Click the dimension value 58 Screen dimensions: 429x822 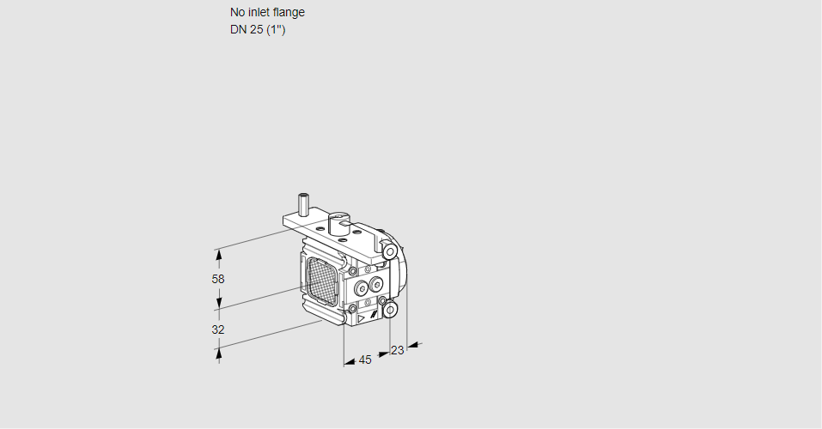click(218, 279)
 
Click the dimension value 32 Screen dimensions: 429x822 click(218, 329)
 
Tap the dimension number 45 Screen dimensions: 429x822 click(365, 360)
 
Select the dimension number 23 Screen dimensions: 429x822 click(397, 350)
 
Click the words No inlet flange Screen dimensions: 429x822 click(267, 12)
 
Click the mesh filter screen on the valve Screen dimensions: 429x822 click(320, 281)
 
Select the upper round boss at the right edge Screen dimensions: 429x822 click(391, 251)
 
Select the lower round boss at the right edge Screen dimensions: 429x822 click(391, 309)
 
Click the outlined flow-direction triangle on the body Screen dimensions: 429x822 click(362, 317)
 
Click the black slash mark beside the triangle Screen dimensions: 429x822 click(375, 315)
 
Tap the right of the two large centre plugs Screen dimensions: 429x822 click(375, 284)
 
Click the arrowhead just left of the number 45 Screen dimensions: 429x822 click(350, 363)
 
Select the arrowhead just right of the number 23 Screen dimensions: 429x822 click(412, 345)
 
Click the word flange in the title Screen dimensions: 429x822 click(289, 12)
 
